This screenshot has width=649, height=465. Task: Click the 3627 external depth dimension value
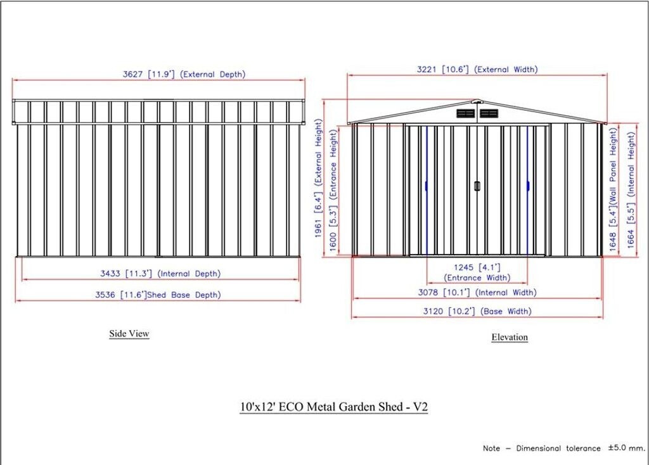(134, 74)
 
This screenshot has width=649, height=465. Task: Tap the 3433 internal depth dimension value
(112, 274)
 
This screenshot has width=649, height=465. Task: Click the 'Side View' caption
(129, 333)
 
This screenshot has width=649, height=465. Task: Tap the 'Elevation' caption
(510, 337)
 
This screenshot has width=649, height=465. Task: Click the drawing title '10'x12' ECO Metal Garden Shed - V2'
(333, 407)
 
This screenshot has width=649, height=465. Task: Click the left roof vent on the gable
(466, 113)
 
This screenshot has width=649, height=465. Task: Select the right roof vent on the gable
(489, 113)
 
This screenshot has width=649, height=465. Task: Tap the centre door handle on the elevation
(477, 186)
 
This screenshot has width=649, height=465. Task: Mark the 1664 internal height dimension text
(631, 238)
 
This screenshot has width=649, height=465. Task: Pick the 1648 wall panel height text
(613, 238)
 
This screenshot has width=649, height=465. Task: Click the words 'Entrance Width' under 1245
(477, 277)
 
